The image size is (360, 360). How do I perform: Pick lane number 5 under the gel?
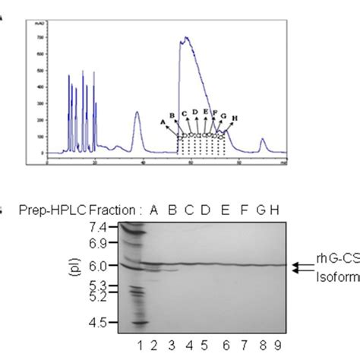click(x=205, y=346)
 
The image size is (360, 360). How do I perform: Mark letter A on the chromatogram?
click(x=163, y=121)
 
